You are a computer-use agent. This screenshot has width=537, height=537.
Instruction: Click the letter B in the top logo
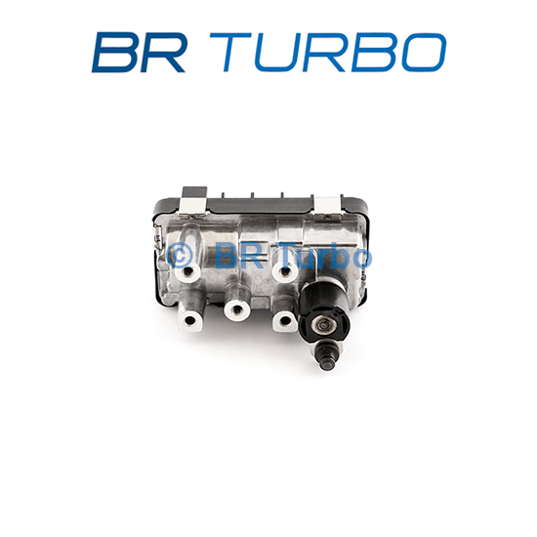[114, 53]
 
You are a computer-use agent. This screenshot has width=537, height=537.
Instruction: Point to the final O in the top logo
[424, 53]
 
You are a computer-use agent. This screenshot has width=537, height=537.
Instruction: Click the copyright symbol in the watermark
[179, 256]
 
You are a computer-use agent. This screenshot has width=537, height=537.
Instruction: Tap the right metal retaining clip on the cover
[327, 207]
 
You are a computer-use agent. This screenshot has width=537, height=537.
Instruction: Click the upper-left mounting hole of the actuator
[187, 272]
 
